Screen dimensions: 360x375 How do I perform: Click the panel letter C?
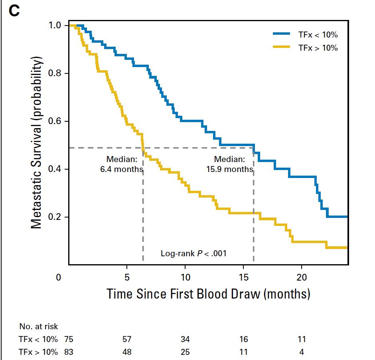pos(14,10)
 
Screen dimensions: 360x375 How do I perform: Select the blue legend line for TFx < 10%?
pos(281,34)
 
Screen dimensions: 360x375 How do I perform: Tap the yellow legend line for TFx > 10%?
pos(281,47)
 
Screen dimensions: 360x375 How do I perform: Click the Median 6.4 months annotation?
pos(122,164)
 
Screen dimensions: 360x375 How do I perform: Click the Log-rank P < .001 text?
pos(193,253)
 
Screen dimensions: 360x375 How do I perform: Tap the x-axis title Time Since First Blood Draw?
pos(208,294)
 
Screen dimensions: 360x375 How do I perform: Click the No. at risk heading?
pos(38,326)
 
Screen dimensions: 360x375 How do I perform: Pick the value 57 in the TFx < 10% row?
pos(127,340)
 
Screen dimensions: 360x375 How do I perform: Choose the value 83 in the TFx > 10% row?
pos(68,352)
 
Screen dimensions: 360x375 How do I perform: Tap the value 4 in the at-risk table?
pos(302,352)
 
